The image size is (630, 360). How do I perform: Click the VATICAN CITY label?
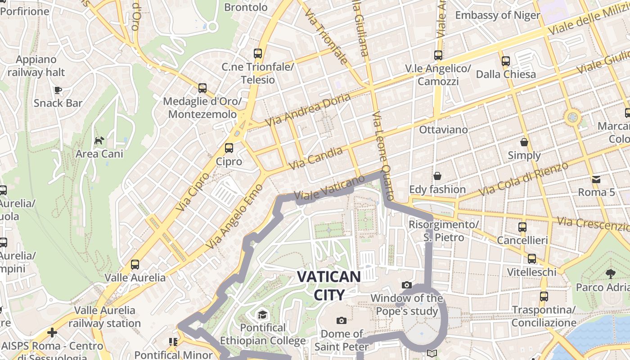click(x=329, y=286)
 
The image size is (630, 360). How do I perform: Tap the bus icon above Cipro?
click(x=229, y=148)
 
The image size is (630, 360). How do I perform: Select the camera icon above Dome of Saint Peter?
click(x=342, y=320)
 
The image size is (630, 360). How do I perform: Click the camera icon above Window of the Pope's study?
click(x=406, y=285)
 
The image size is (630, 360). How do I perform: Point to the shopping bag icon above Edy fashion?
click(x=437, y=176)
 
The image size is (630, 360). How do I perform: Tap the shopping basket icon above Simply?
click(x=524, y=143)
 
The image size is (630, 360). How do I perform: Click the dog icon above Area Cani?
click(x=99, y=141)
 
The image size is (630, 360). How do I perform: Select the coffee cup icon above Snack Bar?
click(x=58, y=90)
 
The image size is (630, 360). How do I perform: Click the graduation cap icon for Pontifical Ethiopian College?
click(x=262, y=314)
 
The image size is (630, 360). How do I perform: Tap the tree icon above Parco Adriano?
click(x=611, y=274)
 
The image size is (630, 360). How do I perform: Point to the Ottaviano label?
click(x=443, y=130)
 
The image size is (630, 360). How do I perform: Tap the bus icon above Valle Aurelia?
click(x=135, y=265)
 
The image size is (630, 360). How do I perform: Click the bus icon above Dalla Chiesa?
click(x=505, y=61)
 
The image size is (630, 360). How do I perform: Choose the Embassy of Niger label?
click(x=497, y=15)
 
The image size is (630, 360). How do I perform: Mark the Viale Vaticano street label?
click(x=329, y=188)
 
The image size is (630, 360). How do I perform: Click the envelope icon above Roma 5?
click(x=596, y=180)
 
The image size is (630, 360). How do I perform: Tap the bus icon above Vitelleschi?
click(x=532, y=259)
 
